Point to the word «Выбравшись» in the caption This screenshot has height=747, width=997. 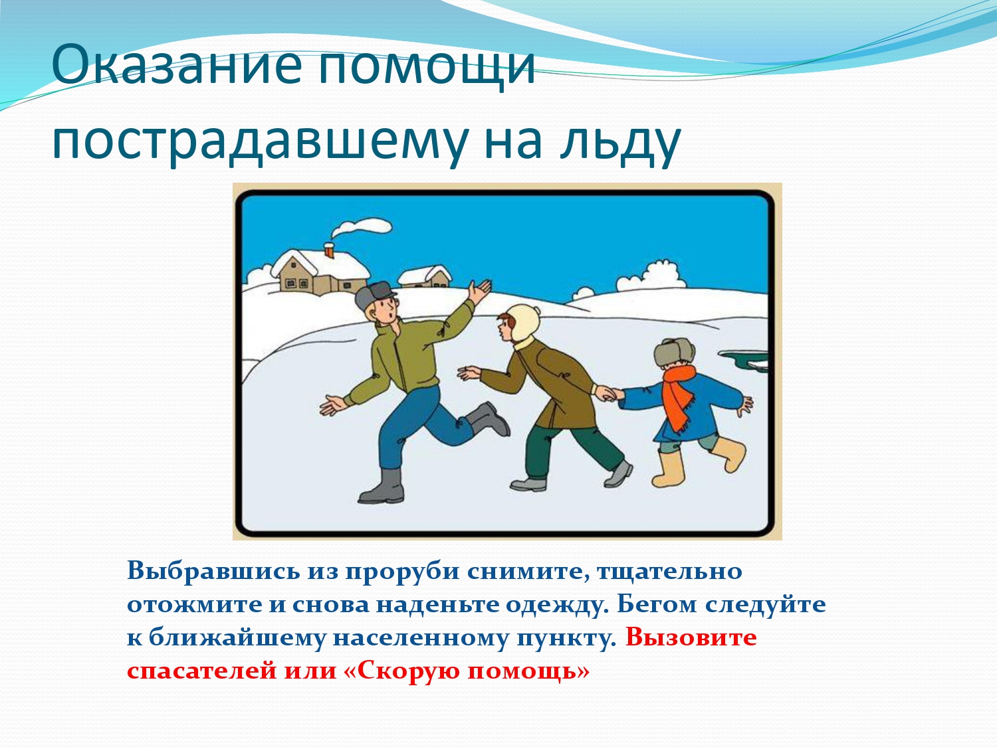tap(213, 570)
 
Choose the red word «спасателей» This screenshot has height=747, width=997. tap(201, 671)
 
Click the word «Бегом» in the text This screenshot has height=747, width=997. tap(656, 605)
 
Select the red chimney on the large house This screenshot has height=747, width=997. tap(329, 250)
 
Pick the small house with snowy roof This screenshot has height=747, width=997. tap(425, 277)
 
